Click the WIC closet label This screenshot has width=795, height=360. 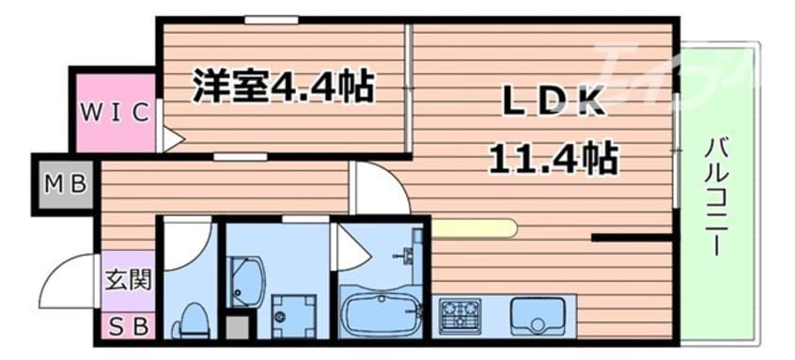[x=113, y=113]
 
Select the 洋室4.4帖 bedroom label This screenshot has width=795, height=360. [x=283, y=87]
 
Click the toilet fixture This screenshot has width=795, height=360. [x=193, y=320]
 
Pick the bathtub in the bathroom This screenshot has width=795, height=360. [x=382, y=313]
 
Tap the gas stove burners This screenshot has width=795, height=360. [x=460, y=314]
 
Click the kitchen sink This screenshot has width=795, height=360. [x=536, y=314]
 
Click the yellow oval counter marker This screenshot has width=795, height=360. [x=475, y=227]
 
